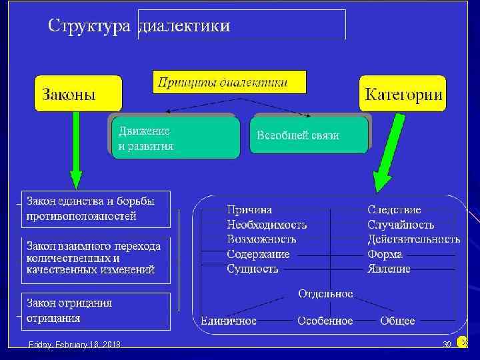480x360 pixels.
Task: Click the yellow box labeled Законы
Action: point(78,93)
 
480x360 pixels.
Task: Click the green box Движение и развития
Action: point(175,138)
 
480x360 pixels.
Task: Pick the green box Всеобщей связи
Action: point(309,135)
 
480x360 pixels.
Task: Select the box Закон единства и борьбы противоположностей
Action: point(95,208)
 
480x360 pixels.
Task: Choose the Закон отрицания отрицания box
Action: point(95,311)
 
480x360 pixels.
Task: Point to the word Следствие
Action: point(394,210)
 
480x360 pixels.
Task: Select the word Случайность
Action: point(401,225)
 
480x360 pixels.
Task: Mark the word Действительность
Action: point(413,239)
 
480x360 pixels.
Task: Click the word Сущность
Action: point(253,269)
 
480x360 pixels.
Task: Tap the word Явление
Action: point(389,269)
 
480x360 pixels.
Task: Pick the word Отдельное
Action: point(325,294)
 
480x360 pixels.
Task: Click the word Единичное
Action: point(229,321)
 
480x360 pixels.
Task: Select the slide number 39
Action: point(447,344)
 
